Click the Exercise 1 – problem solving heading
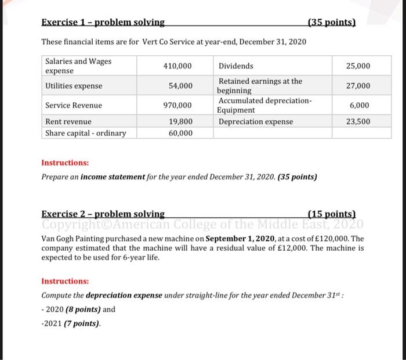tap(103, 23)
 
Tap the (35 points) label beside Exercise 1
tap(331, 23)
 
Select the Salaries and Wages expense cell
tap(78, 66)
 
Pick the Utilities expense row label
tap(74, 86)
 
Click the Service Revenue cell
tap(74, 106)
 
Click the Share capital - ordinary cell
tap(85, 133)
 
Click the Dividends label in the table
tap(235, 66)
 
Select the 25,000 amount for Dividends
tap(358, 66)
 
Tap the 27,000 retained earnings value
tap(358, 86)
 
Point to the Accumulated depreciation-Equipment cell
tap(264, 105)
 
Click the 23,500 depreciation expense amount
tap(358, 122)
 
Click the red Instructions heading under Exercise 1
tap(65, 163)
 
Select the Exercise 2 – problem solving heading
tap(103, 214)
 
